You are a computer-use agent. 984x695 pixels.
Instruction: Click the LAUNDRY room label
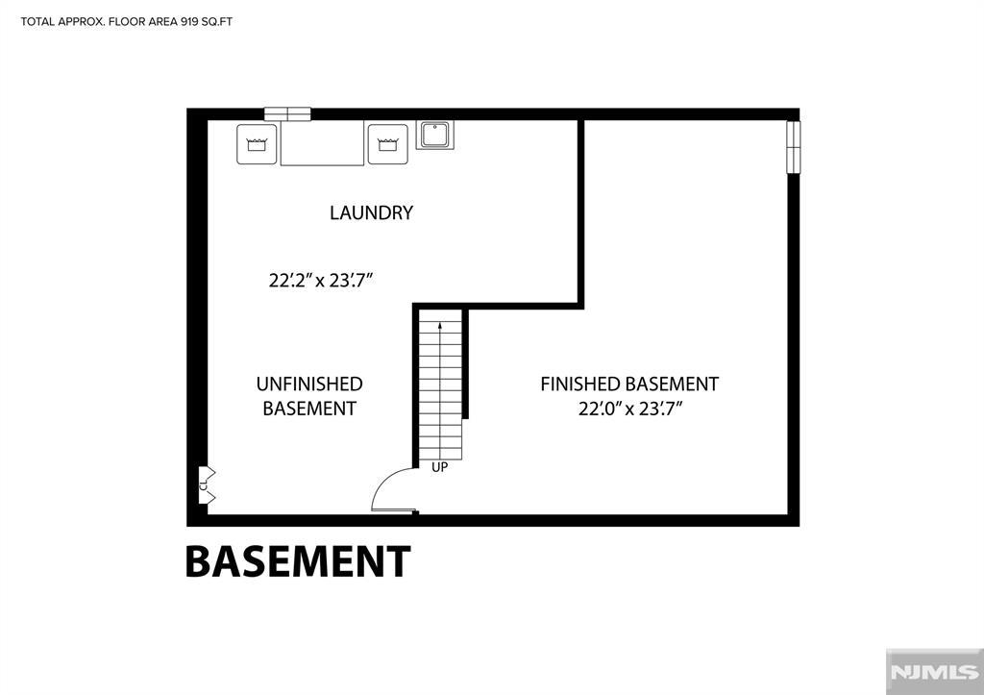(x=372, y=212)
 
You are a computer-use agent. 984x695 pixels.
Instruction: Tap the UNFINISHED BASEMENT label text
(x=309, y=396)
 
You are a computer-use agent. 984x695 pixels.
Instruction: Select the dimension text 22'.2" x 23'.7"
(x=321, y=280)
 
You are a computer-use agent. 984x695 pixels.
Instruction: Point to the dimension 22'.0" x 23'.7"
(x=630, y=410)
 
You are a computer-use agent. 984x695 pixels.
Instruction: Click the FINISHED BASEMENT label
(x=629, y=384)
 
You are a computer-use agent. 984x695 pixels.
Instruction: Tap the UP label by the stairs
(x=439, y=468)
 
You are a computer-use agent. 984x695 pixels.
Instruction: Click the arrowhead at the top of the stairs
(x=440, y=326)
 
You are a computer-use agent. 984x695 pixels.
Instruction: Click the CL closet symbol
(x=206, y=484)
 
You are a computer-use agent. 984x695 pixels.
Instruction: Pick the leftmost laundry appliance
(x=257, y=144)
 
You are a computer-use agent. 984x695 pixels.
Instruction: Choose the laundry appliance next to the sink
(x=388, y=144)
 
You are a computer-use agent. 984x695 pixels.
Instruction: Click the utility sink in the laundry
(x=435, y=135)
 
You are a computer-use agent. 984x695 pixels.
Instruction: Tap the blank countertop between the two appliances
(x=322, y=143)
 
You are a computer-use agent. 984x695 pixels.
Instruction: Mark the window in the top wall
(x=287, y=114)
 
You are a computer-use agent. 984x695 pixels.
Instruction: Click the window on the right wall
(x=794, y=147)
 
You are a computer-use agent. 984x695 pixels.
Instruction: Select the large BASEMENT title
(x=298, y=561)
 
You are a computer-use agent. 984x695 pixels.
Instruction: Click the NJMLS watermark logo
(x=934, y=672)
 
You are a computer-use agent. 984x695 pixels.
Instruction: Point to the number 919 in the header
(x=188, y=22)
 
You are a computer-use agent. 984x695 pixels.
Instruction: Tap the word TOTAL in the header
(x=37, y=22)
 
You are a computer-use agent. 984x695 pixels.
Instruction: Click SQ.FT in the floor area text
(x=216, y=22)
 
